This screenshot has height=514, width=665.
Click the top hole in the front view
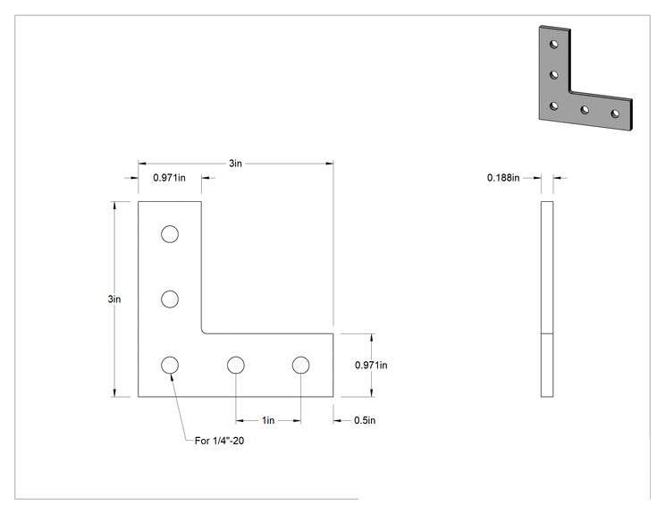point(170,234)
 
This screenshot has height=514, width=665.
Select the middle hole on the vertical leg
point(170,299)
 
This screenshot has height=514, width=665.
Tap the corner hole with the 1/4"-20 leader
point(170,365)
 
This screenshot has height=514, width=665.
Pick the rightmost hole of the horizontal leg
point(300,365)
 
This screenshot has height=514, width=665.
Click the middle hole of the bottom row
point(235,365)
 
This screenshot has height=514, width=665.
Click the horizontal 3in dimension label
point(235,164)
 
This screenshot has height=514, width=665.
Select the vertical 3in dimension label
point(114,299)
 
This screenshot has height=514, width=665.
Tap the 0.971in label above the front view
point(169,178)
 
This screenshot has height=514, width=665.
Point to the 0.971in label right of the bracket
point(371,365)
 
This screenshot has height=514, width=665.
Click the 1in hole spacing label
point(268,420)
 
